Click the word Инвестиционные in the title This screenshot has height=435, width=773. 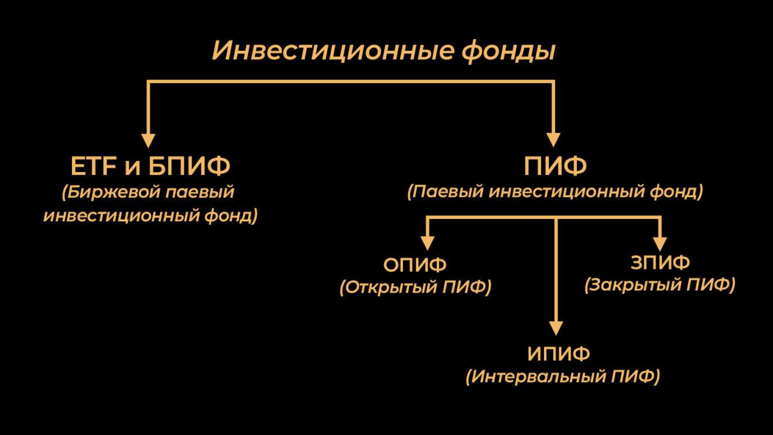(332, 51)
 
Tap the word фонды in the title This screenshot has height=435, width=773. (509, 52)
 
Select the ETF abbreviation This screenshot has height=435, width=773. (94, 166)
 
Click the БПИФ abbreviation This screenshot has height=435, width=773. (189, 166)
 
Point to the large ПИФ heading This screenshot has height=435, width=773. (555, 166)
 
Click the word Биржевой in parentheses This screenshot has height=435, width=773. (111, 193)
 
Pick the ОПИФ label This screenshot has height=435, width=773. (415, 265)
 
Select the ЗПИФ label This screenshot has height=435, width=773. (660, 263)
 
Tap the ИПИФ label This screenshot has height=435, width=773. (559, 354)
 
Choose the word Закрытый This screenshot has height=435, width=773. (633, 285)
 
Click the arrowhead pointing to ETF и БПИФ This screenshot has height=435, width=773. (148, 141)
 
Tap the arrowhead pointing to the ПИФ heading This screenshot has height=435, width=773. (553, 141)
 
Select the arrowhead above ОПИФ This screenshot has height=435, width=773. (427, 244)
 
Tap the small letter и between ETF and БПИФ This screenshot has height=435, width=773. (132, 169)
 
